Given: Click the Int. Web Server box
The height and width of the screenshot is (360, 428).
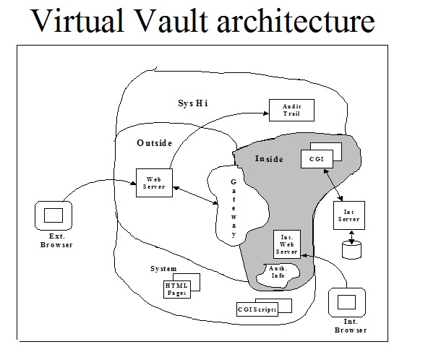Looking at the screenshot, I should (286, 244).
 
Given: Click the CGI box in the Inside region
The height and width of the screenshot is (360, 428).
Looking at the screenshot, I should (315, 158).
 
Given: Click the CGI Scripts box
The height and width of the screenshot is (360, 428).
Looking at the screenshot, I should (259, 309).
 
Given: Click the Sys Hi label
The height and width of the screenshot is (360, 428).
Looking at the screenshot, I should (193, 103).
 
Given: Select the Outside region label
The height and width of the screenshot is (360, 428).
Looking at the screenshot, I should (155, 143).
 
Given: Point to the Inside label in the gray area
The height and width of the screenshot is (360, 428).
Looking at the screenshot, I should (270, 158).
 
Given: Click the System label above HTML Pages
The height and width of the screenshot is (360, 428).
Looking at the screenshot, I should (163, 269).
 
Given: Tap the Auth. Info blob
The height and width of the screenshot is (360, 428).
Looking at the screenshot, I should (278, 274).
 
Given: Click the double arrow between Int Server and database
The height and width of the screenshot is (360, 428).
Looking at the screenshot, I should (351, 236).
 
